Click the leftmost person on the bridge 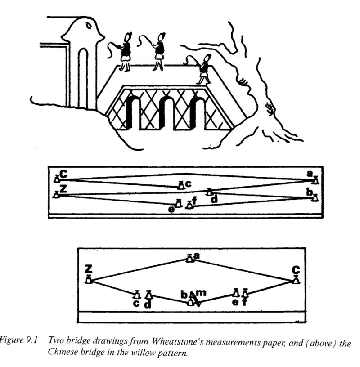point(125,51)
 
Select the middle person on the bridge point(159,50)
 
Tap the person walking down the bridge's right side point(205,68)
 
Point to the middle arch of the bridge point(166,113)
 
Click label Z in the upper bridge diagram point(63,190)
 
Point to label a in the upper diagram point(309,173)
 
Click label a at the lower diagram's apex point(196,255)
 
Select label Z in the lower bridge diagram point(89,269)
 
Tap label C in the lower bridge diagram point(296,269)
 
